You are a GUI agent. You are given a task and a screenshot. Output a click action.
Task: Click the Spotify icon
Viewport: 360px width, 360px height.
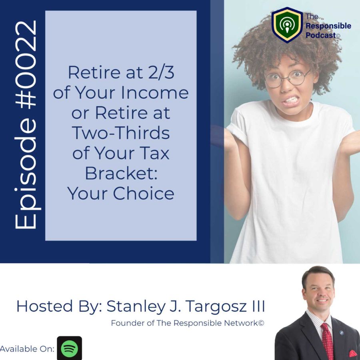tap(69, 348)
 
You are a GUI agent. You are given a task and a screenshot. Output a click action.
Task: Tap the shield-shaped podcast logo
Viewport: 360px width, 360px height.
tap(287, 25)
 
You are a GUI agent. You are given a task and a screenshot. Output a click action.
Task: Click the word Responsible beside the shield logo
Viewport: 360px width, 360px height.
tap(328, 26)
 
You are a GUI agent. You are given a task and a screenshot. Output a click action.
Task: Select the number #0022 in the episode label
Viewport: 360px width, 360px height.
tap(25, 64)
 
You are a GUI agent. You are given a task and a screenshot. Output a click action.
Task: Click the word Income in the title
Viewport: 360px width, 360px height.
tap(154, 92)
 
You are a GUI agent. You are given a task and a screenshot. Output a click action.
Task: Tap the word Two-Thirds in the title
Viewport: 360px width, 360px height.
tap(121, 133)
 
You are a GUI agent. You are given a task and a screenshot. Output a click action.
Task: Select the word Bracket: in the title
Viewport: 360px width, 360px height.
tap(121, 173)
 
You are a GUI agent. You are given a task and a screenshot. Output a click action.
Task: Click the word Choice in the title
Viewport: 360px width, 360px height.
tap(144, 193)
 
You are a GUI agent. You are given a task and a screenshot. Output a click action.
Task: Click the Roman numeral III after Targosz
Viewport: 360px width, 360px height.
tap(258, 306)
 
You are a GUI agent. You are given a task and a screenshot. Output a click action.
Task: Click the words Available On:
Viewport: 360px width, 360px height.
tap(27, 349)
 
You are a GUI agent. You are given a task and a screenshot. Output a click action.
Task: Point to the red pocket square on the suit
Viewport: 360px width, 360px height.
tap(353, 354)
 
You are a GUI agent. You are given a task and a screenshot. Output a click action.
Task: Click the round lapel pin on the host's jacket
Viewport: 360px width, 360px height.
tap(342, 333)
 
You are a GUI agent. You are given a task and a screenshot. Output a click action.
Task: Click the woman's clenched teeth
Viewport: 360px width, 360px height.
tap(291, 100)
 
